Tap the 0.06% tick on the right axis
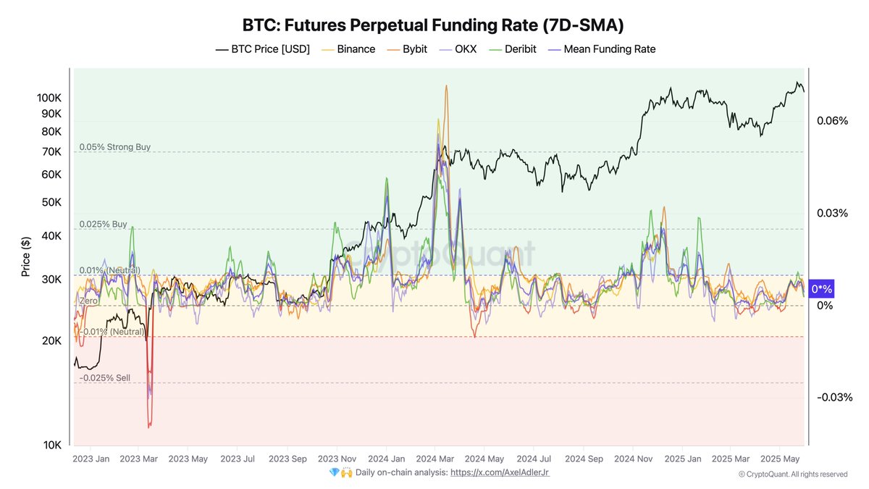point(832,121)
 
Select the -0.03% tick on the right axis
point(834,397)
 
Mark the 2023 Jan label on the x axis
point(91,459)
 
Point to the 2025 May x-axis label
point(781,459)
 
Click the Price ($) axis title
point(26,256)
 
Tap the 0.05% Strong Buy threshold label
point(115,147)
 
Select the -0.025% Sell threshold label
point(105,378)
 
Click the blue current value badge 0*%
point(821,289)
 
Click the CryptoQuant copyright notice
point(793,475)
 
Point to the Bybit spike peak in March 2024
point(445,86)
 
